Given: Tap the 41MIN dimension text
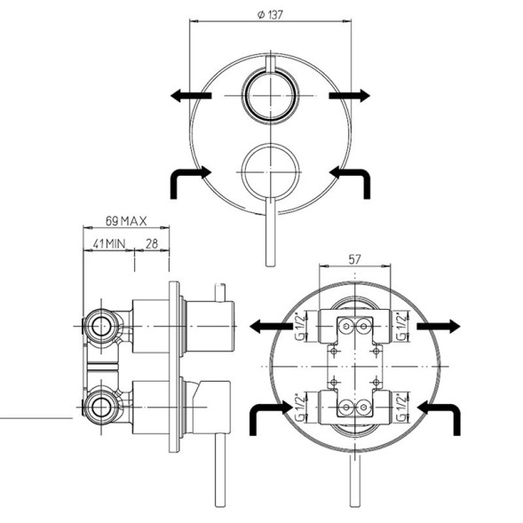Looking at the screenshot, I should (x=107, y=242).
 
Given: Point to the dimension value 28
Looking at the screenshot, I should (x=151, y=242).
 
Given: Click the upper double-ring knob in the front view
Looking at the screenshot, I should (x=269, y=94).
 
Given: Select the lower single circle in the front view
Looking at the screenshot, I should (x=269, y=166).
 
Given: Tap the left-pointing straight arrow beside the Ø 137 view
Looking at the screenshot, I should (x=189, y=95).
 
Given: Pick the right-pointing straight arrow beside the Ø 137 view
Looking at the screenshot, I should (x=349, y=95).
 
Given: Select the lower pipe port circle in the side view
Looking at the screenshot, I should (x=103, y=408).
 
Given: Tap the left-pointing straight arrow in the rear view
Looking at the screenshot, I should (x=270, y=327).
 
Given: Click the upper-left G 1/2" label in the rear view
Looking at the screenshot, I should (x=301, y=328).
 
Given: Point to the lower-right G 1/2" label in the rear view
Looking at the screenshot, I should (x=405, y=408).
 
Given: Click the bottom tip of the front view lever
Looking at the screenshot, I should (x=269, y=264).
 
